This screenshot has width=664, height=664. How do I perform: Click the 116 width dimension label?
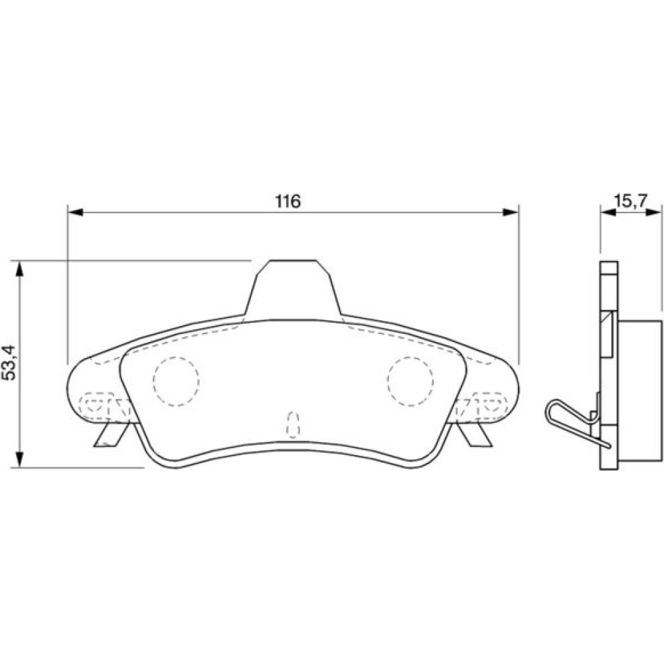(288, 201)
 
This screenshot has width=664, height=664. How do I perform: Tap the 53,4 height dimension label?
(9, 363)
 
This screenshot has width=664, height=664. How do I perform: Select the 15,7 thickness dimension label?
(631, 201)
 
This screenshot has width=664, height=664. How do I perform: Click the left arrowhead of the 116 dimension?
(76, 212)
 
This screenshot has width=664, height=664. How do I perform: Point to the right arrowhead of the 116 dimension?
(510, 212)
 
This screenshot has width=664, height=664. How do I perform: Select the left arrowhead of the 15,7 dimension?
(608, 212)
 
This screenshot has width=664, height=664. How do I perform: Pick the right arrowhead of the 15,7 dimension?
(653, 212)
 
